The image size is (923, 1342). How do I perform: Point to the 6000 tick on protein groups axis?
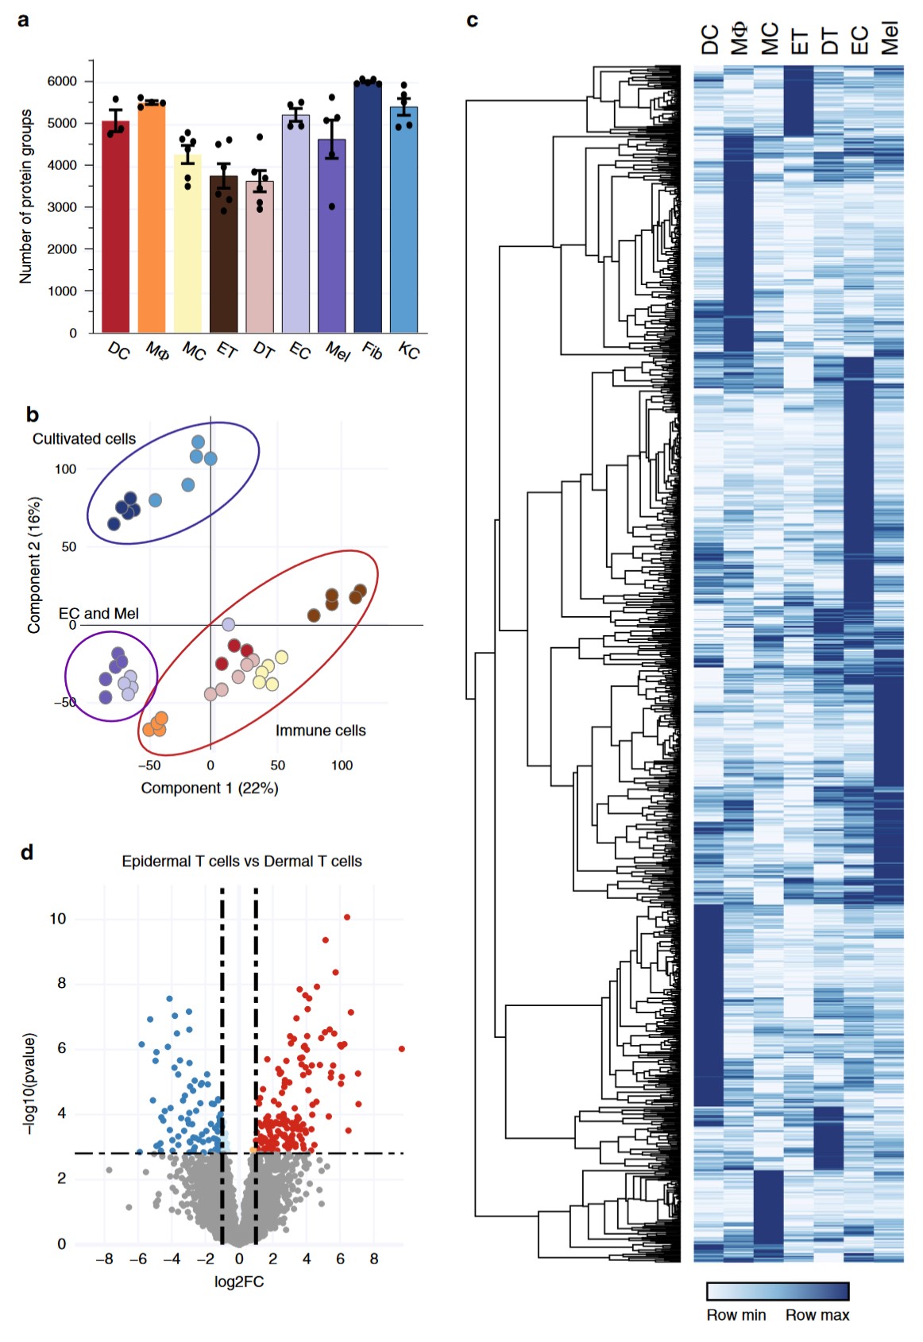tap(63, 81)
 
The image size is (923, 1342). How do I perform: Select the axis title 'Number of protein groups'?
tap(26, 196)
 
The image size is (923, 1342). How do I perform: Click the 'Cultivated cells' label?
tap(84, 439)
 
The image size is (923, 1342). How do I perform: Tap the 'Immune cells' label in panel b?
tap(320, 731)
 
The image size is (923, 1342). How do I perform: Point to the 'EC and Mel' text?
tap(98, 614)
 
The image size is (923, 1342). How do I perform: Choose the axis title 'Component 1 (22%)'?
tap(210, 788)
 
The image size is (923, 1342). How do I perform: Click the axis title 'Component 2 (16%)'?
tap(34, 565)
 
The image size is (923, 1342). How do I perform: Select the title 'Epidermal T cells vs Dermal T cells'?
tap(241, 861)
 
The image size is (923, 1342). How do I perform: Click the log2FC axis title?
tap(239, 1282)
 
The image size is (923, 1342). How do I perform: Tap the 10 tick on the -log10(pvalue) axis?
tap(58, 919)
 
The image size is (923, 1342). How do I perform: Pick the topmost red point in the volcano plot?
tap(347, 917)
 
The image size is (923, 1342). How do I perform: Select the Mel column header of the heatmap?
tap(889, 38)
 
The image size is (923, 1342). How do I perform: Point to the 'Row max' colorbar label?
tap(817, 1315)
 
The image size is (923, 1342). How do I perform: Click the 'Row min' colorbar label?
tap(736, 1315)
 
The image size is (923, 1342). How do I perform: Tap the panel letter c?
tap(473, 20)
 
